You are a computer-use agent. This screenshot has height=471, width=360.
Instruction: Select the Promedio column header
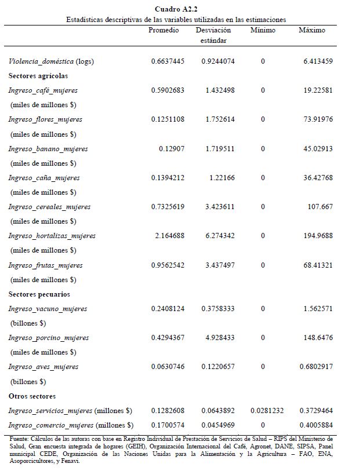coord(163,30)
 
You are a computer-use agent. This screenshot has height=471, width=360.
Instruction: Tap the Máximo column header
coord(312,30)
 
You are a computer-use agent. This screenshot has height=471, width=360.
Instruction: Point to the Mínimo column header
coord(263,30)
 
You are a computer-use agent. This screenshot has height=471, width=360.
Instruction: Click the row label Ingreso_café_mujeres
coord(43,90)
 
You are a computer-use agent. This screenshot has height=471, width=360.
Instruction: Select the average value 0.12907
coord(172,149)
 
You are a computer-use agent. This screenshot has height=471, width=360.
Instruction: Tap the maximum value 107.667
coord(319,207)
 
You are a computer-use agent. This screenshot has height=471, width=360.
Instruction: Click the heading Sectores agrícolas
coord(38,76)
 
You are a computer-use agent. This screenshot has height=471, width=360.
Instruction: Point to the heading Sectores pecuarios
coord(39,294)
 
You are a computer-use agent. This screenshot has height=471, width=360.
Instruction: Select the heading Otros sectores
coord(32,396)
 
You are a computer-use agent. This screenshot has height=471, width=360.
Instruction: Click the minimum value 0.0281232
coord(267,411)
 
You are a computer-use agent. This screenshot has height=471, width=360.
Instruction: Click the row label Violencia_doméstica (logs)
coord(51,61)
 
